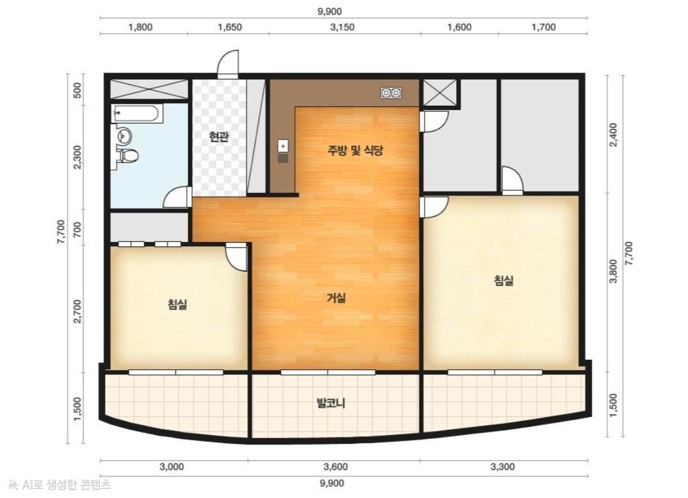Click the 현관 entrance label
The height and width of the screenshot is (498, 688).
coord(219,138)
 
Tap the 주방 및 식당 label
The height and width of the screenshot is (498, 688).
coord(355,150)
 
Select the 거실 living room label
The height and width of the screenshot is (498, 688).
coord(336,298)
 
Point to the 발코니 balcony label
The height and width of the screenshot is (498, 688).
coord(331,402)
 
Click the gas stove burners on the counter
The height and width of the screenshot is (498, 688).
coord(391,92)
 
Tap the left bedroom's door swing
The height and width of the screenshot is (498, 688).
coord(237,258)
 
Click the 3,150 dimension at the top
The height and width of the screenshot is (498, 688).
coord(342,27)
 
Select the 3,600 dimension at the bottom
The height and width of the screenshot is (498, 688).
coord(336,467)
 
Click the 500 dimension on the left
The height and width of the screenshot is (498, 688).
coord(78,90)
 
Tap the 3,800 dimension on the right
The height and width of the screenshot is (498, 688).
coord(613,271)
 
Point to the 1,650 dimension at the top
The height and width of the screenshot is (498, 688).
coord(230,27)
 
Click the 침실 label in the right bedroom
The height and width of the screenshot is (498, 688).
coord(504,280)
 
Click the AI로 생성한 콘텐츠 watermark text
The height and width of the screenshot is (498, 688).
coord(60,485)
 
